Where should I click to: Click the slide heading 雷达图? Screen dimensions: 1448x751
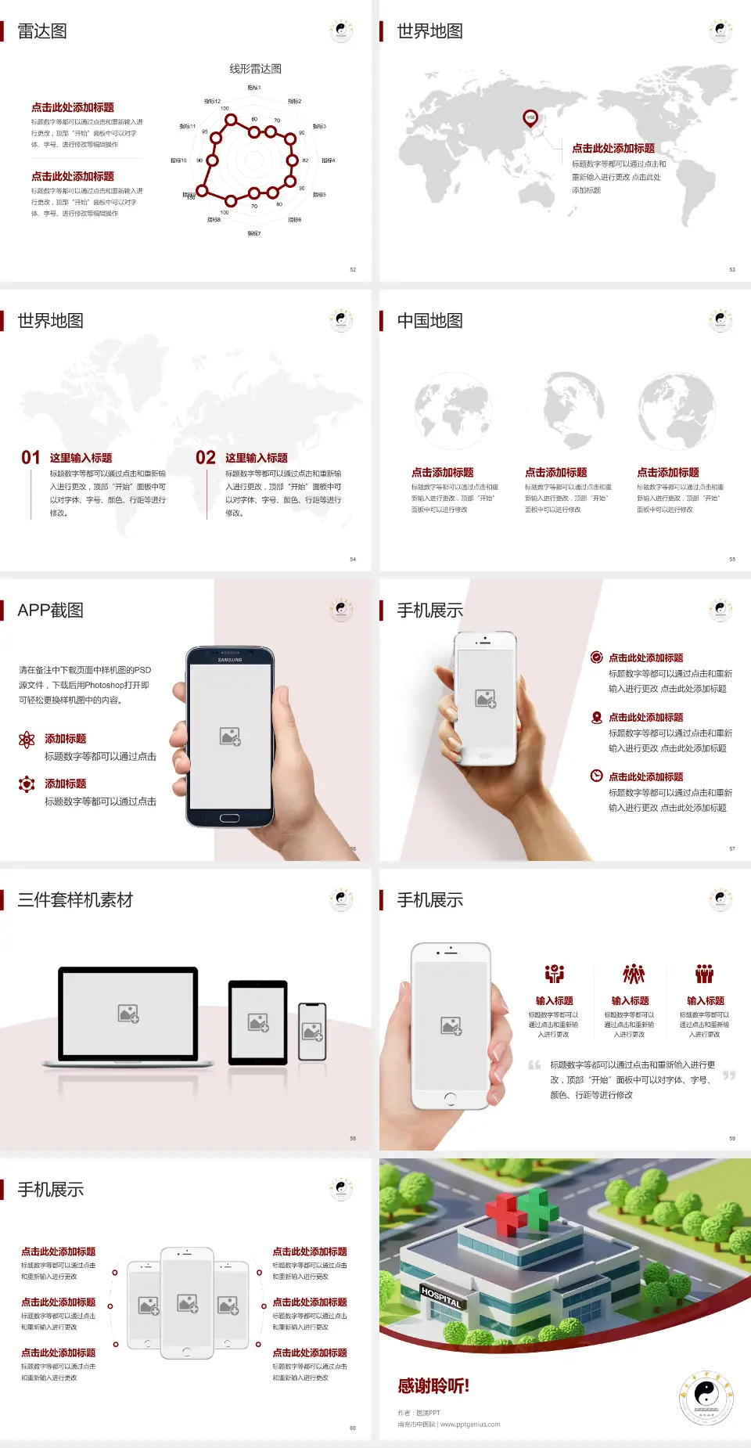(x=42, y=31)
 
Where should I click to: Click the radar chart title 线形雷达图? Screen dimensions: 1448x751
(x=255, y=69)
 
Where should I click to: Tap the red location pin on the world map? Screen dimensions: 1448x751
(x=530, y=118)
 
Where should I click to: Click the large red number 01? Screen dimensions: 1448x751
(x=31, y=458)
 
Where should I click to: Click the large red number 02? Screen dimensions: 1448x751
(x=206, y=458)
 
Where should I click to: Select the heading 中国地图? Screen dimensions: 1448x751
(x=429, y=321)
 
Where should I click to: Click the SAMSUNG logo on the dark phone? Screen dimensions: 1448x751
(x=230, y=660)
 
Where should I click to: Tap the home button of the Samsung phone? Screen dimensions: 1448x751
(x=229, y=818)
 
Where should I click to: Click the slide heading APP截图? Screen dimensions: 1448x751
(x=50, y=611)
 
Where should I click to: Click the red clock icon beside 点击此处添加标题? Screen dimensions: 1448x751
(x=596, y=776)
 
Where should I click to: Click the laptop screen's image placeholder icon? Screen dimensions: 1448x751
(x=128, y=1014)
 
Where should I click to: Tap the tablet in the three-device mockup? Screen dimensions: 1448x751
(x=258, y=1021)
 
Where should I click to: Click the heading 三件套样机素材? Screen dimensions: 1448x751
(x=75, y=900)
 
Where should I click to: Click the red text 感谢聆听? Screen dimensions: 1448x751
(x=433, y=1386)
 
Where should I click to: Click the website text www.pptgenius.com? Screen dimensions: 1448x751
(x=469, y=1425)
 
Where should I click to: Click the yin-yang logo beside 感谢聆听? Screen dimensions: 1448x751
(x=706, y=1398)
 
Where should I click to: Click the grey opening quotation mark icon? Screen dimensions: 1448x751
(x=534, y=1065)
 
